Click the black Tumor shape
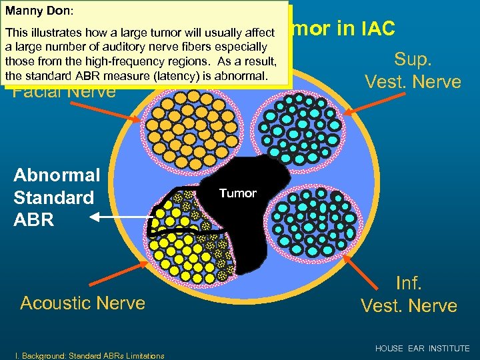point(247,220)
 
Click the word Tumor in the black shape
point(237,193)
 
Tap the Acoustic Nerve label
point(83,303)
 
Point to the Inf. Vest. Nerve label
point(409,294)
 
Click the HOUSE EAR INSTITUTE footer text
point(422,349)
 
